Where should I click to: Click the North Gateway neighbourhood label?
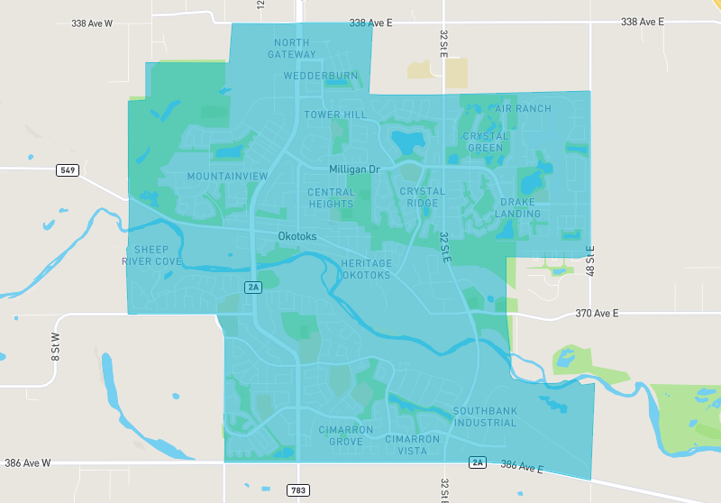291,49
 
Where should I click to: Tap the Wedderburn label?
315,76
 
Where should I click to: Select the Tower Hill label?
335,115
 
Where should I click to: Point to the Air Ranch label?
523,109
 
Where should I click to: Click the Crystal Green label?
486,142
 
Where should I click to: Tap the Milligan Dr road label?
355,169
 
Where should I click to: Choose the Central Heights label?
332,198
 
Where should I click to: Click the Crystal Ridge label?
423,197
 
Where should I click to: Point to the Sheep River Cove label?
151,255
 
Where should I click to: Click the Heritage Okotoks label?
366,269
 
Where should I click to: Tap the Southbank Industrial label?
486,416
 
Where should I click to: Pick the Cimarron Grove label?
341,436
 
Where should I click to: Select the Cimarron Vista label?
413,444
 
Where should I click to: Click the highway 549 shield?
67,169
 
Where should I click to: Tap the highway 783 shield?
298,490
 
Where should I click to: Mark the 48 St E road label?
591,260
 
